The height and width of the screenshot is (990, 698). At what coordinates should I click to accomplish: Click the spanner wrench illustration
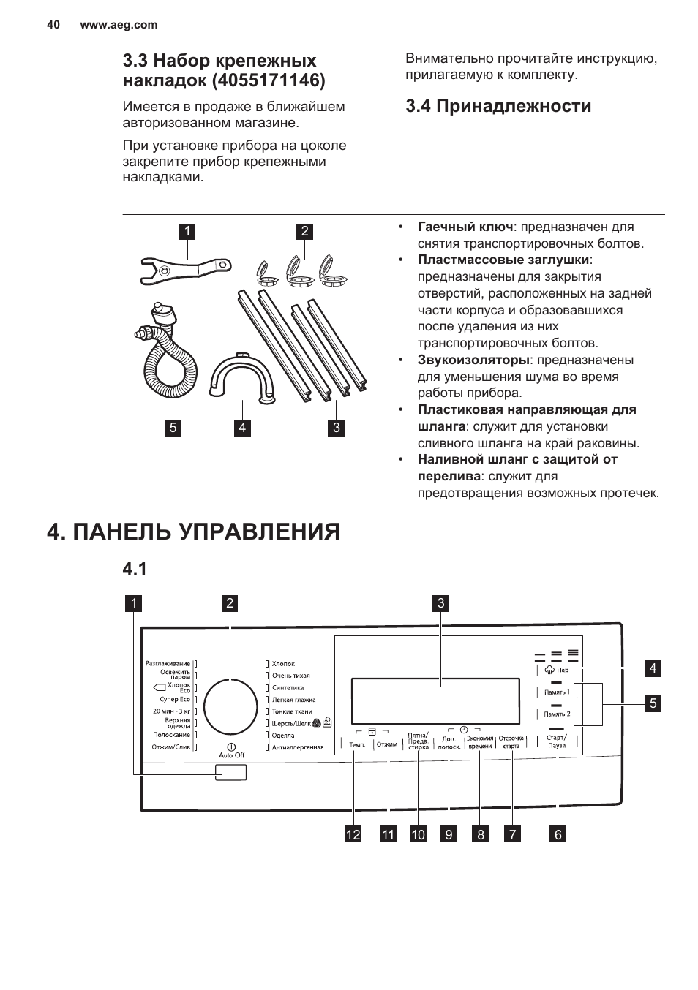(185, 269)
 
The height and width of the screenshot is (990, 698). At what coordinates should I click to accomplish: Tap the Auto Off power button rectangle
(230, 772)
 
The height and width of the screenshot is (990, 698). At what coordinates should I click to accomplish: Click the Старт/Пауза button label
(556, 741)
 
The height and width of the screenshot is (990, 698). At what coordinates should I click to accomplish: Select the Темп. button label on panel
(357, 744)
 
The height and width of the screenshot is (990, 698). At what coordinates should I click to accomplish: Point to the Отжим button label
(387, 744)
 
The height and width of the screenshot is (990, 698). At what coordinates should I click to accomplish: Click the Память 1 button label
(557, 692)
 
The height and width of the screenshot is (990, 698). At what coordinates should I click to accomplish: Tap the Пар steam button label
(562, 670)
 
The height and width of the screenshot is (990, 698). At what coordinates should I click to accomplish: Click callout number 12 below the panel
(353, 834)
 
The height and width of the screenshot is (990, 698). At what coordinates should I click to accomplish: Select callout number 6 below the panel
(558, 834)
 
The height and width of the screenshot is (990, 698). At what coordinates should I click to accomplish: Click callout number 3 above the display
(441, 603)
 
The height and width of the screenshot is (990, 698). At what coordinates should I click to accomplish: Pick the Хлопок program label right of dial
(283, 664)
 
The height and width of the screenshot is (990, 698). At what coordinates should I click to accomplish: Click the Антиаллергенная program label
(298, 747)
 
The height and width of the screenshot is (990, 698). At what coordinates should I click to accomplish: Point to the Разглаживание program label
(168, 664)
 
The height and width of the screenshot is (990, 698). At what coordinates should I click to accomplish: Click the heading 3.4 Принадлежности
(498, 106)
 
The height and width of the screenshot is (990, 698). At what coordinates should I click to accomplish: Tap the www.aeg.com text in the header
(119, 25)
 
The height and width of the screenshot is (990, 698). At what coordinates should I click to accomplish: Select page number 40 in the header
(53, 25)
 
